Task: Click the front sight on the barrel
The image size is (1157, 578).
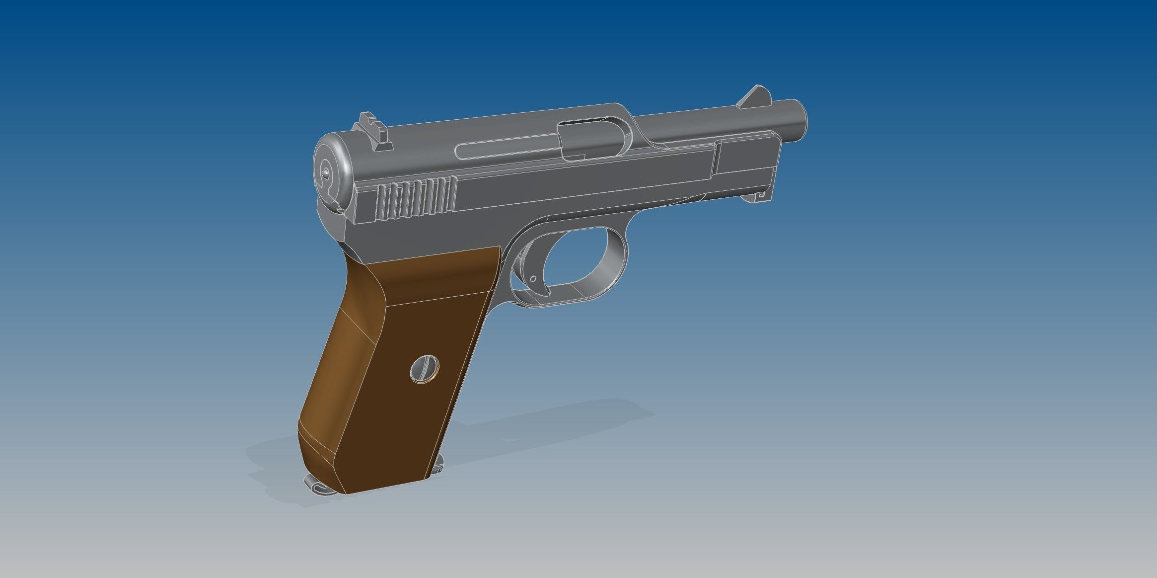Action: (754, 96)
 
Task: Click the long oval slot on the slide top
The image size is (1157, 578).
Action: (506, 150)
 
